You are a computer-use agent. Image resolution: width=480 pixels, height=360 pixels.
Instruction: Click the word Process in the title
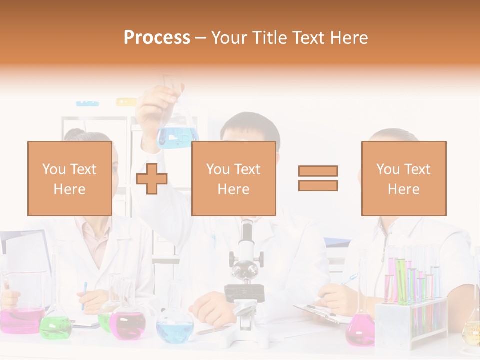click(157, 38)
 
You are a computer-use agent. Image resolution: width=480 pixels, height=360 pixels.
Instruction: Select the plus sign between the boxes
click(152, 179)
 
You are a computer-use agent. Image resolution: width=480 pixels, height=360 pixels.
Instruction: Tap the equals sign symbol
click(318, 178)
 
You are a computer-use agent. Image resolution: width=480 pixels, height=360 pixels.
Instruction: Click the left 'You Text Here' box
click(69, 178)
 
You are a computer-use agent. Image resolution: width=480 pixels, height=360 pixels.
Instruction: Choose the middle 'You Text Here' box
click(233, 178)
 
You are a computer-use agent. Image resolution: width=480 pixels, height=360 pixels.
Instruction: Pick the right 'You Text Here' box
click(403, 178)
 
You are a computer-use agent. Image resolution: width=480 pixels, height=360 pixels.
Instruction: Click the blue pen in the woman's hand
click(84, 295)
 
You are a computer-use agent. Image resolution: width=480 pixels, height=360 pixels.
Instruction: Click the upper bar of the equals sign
click(318, 171)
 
